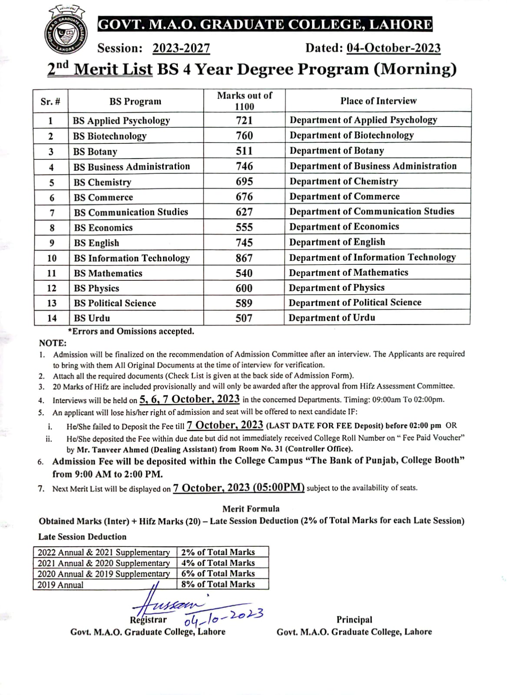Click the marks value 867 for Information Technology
[244, 258]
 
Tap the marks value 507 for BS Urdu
[244, 318]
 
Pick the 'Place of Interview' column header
[378, 101]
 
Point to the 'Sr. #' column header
[50, 102]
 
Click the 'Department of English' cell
[337, 242]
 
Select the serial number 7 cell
[52, 213]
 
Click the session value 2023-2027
[181, 48]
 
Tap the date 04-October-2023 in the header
[393, 48]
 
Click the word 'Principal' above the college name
[354, 620]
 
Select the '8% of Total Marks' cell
[218, 584]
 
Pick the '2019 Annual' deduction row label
[60, 585]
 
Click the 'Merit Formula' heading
[251, 509]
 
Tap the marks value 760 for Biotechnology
[244, 136]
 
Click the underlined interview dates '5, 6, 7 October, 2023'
[189, 399]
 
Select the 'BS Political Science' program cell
[115, 303]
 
